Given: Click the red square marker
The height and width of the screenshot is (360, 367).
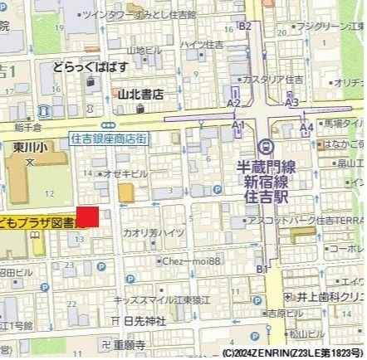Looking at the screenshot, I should point(88,216).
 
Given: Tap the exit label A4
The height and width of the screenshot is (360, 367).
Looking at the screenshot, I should point(307,127).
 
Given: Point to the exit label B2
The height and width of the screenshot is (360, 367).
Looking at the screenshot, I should point(244,26).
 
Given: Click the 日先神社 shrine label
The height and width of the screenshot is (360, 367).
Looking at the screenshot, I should point(144,320).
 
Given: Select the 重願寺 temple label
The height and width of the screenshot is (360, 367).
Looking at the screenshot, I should point(130,343).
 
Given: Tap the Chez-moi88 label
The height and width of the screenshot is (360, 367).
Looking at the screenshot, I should point(192,260).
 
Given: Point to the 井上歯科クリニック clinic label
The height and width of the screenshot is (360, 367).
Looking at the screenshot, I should point(331,296).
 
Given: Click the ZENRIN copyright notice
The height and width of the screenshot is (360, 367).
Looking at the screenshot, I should point(293,353).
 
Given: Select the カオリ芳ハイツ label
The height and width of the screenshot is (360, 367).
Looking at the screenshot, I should point(154,233).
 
